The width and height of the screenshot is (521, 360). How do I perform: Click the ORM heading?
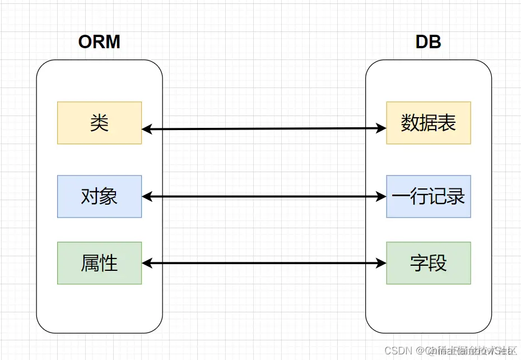click(99, 41)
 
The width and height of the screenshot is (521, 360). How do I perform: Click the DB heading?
click(428, 41)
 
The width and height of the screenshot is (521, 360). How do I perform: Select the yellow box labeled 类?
click(99, 123)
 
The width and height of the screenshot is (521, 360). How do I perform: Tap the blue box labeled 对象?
click(99, 196)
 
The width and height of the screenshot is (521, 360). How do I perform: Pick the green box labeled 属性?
click(99, 263)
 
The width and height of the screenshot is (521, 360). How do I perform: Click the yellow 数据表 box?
click(429, 123)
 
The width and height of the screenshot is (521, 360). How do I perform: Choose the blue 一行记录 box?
click(429, 196)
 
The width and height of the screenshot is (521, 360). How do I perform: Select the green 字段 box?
click(429, 263)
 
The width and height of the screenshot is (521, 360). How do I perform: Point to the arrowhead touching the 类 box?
click(147, 129)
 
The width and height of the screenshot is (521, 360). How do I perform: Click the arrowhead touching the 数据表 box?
click(382, 128)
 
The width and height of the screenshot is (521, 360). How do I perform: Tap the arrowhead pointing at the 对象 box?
click(147, 196)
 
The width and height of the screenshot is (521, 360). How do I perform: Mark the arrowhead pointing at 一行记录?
click(382, 196)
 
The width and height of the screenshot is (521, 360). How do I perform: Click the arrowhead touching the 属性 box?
click(147, 263)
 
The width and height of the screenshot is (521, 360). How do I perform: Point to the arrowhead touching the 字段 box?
click(382, 263)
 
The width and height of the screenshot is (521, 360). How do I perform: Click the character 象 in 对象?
click(109, 196)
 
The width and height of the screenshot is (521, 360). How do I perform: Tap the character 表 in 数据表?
click(447, 123)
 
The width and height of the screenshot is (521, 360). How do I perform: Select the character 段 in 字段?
click(438, 263)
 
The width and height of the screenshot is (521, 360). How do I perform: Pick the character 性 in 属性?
click(109, 263)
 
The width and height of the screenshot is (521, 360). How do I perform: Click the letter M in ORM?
click(113, 41)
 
